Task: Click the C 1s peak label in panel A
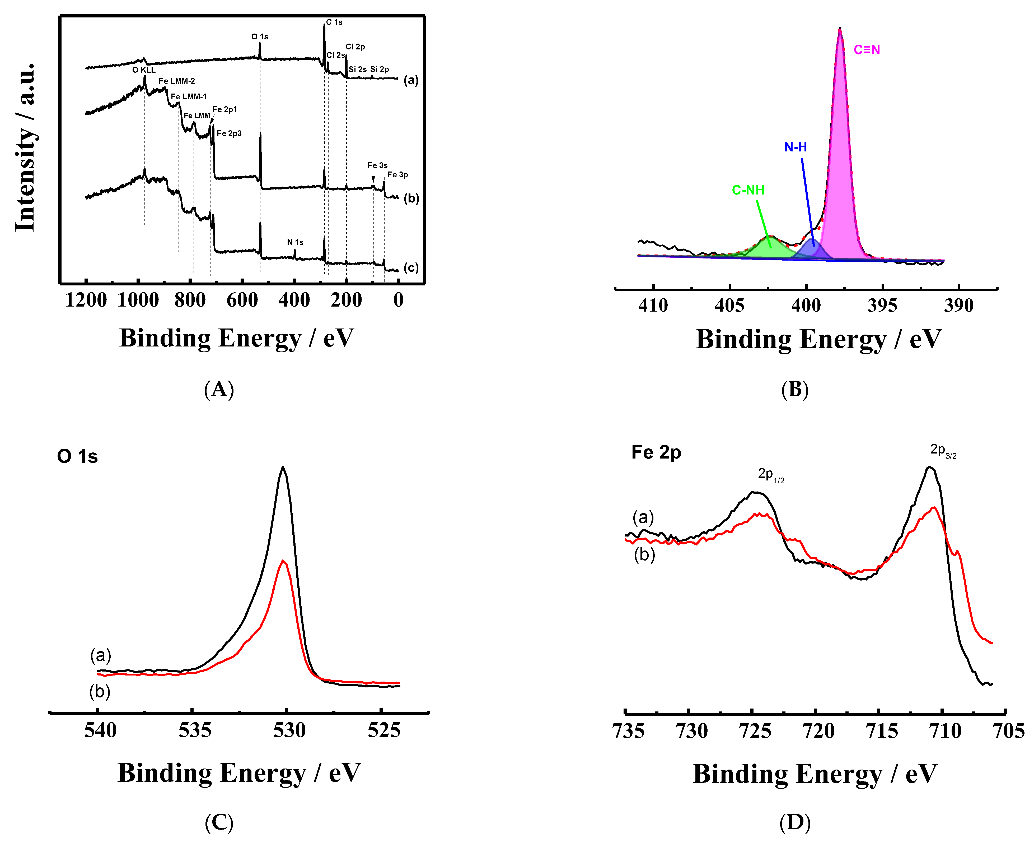coord(334,22)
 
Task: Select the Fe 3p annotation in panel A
coord(397,175)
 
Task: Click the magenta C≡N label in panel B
coord(867,49)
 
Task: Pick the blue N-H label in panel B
coord(796,147)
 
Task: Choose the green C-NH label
coord(748,190)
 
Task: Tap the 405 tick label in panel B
coord(729,306)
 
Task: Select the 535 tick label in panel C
coord(195,730)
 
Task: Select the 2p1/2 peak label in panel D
coord(771,475)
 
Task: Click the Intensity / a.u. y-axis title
coord(25,147)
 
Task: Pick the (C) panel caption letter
coord(219,823)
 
